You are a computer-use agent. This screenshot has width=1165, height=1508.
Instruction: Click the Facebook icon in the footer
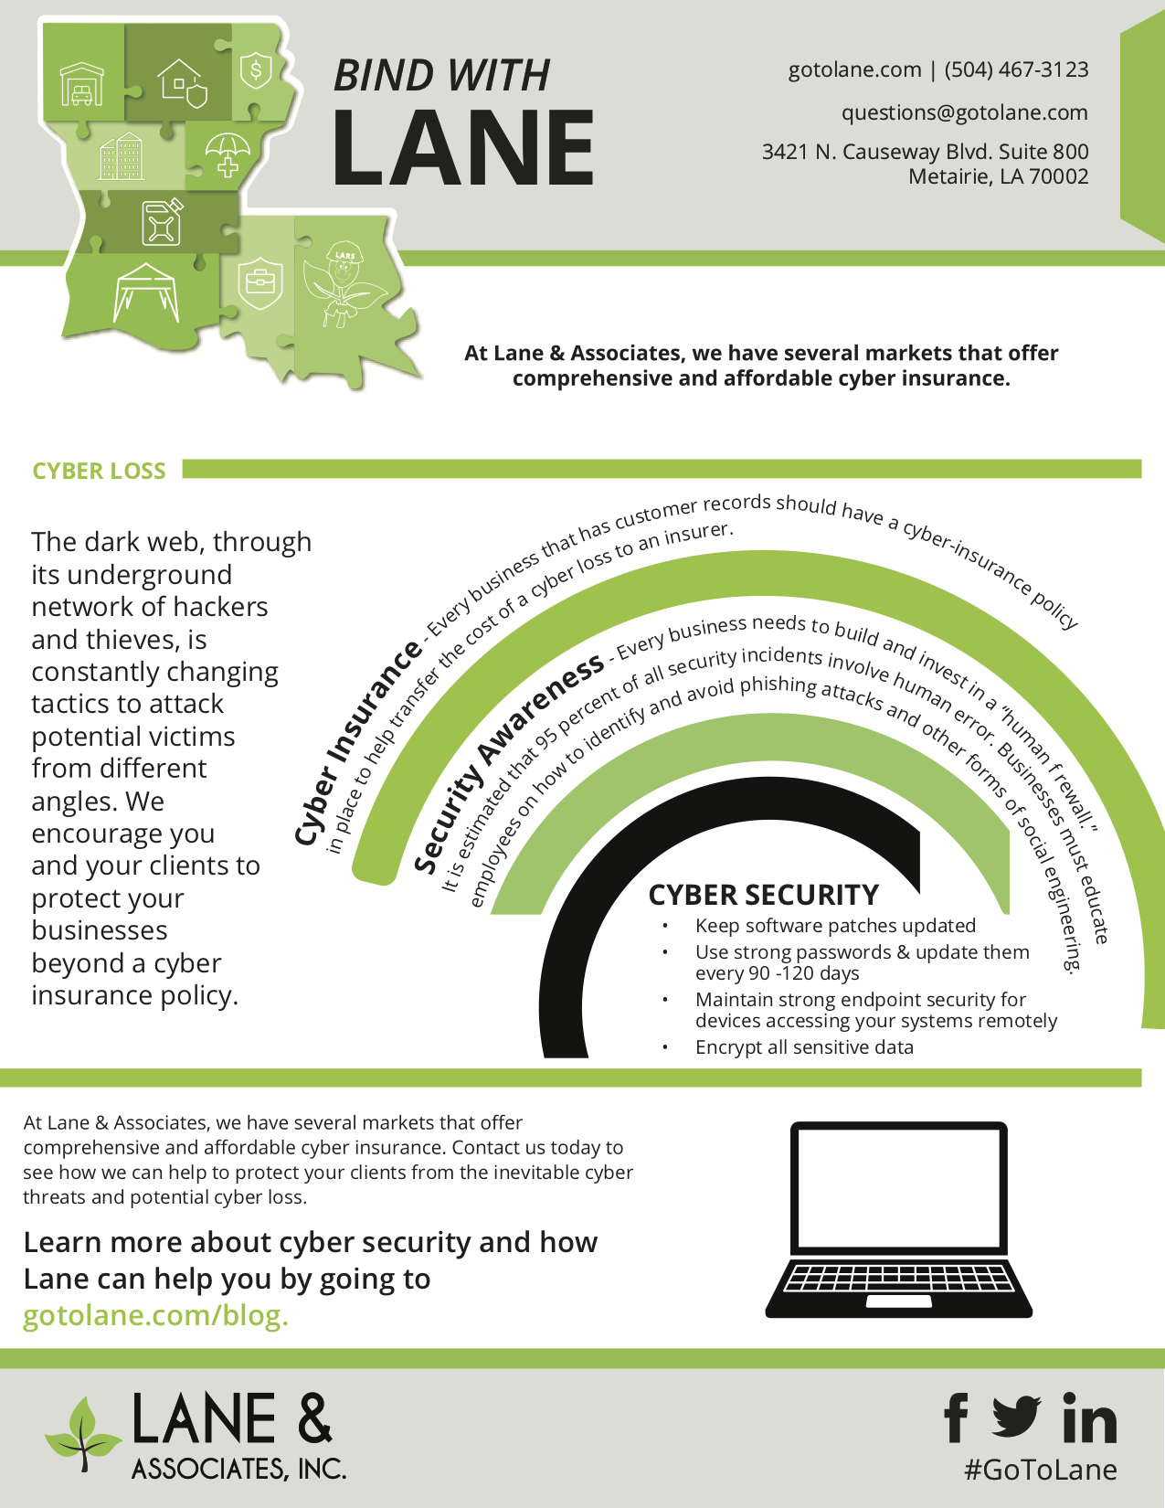tap(956, 1418)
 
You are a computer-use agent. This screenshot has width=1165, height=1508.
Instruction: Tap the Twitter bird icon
tap(1016, 1417)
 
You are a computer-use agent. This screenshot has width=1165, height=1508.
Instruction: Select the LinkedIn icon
tap(1089, 1418)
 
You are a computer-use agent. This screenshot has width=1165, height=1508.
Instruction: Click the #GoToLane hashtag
tap(1041, 1470)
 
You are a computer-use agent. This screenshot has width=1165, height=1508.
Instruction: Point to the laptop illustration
tap(899, 1219)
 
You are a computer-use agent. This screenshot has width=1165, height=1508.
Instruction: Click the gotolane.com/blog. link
tap(155, 1315)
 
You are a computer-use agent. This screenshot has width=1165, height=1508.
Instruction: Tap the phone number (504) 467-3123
tap(1016, 69)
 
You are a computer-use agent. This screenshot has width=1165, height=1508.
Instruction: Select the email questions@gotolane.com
tap(964, 112)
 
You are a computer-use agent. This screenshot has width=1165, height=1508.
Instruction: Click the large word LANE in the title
tap(463, 146)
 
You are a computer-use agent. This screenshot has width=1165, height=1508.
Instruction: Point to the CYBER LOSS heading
tap(99, 471)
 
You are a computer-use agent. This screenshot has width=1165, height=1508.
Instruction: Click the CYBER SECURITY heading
tap(763, 895)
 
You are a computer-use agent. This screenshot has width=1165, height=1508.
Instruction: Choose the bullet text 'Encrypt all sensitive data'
tap(804, 1047)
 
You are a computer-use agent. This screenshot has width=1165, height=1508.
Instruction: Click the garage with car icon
tap(82, 84)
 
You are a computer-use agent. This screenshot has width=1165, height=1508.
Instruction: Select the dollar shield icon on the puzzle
tap(257, 69)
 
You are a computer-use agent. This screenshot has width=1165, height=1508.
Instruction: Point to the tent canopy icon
tap(146, 292)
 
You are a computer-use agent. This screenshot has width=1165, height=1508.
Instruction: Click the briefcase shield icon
tap(260, 281)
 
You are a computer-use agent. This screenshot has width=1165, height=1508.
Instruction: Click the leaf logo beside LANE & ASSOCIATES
tap(84, 1431)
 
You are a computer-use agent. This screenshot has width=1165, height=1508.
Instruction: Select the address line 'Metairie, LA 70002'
tap(998, 176)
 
